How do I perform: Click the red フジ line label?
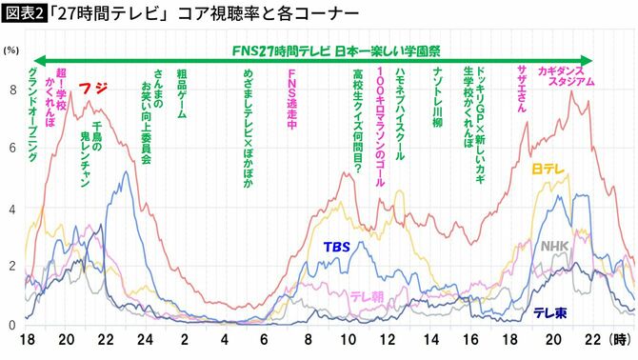coord(94,88)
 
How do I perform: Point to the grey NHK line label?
coord(554,246)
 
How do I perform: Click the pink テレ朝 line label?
coord(367,296)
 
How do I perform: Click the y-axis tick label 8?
coord(12,90)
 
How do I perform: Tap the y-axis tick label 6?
coord(12,149)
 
